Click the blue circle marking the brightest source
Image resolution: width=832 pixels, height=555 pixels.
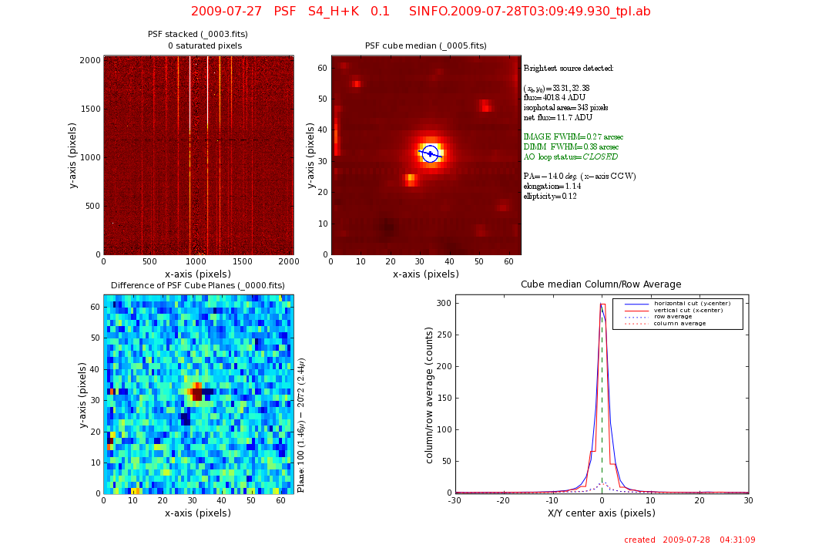[431, 154]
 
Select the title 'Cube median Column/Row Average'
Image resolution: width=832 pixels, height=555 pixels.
[601, 284]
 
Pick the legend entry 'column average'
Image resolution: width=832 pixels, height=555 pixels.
[679, 324]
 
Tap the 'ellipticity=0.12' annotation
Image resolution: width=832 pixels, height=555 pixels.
[550, 196]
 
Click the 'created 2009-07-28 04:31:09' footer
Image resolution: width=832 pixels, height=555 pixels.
[689, 540]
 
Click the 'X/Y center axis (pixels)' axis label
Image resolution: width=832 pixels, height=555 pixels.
[601, 513]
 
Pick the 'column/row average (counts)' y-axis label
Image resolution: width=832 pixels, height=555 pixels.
[430, 393]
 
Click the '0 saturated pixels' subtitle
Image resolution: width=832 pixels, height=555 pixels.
[204, 46]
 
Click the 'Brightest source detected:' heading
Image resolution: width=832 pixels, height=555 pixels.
[569, 69]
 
